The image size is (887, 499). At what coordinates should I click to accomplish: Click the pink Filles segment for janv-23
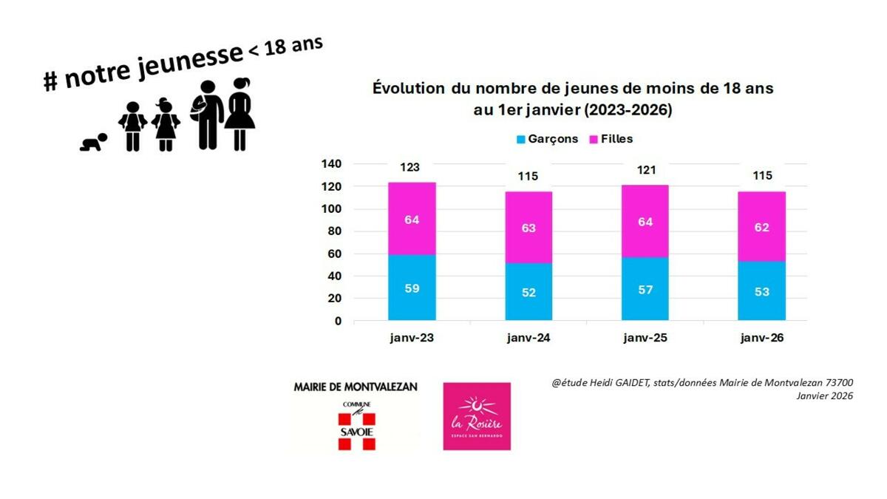tap(412, 219)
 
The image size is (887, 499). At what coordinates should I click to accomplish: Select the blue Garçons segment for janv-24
tap(529, 292)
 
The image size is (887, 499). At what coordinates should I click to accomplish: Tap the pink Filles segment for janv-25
tap(645, 221)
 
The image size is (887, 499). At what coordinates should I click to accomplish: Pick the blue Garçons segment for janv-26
tap(761, 291)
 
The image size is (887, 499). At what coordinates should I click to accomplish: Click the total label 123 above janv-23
tap(412, 168)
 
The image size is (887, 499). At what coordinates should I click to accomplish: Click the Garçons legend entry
tap(547, 139)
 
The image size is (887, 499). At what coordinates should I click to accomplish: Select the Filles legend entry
tap(611, 139)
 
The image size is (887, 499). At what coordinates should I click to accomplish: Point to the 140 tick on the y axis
tap(332, 163)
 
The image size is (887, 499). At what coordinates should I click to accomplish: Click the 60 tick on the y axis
tap(335, 254)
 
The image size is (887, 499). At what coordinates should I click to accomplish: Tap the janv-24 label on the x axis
tap(529, 338)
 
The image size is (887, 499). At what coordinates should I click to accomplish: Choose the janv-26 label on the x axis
tap(761, 338)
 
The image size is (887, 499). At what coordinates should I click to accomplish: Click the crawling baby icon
tap(94, 142)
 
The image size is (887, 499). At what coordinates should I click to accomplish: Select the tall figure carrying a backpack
tap(207, 115)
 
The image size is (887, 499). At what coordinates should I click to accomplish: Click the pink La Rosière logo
tap(477, 416)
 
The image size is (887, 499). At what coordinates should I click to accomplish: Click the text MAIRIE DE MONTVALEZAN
tap(356, 387)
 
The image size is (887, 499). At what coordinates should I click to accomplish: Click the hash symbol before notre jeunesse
tap(50, 81)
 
